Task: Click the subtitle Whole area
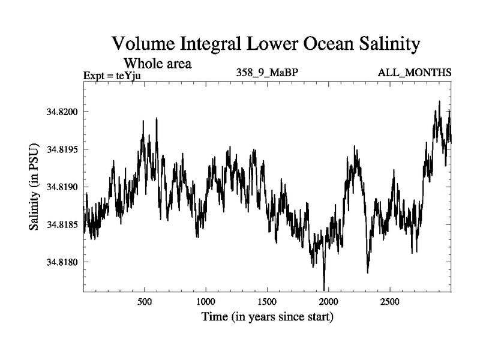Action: tap(157, 63)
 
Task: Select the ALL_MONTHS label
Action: tap(415, 73)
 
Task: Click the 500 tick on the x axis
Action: tap(144, 301)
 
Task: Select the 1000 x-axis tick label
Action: tap(205, 301)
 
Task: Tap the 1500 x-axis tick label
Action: tap(267, 301)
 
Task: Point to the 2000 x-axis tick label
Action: tap(328, 301)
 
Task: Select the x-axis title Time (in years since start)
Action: tap(266, 316)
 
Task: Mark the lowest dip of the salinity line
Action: tap(324, 290)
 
